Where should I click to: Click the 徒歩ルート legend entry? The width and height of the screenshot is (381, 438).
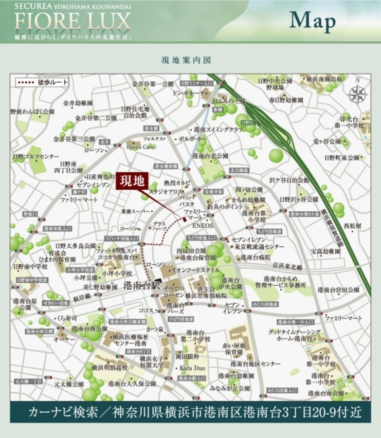coord(41,82)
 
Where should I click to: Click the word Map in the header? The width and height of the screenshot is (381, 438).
coord(312,21)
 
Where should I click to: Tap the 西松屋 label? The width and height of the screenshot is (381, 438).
coord(352,226)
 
